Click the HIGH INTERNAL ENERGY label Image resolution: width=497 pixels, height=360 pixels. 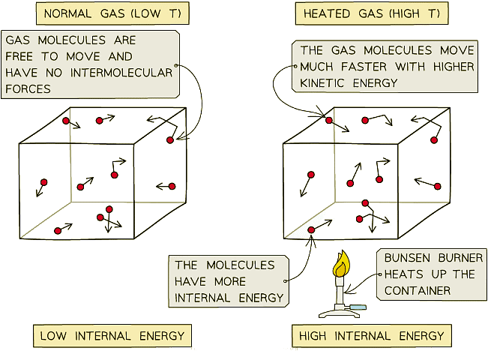(372, 336)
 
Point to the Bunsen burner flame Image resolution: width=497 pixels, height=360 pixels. (341, 263)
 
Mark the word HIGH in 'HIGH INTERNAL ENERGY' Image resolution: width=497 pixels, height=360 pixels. (313, 336)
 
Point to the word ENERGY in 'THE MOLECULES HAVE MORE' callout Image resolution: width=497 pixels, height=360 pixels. (259, 297)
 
